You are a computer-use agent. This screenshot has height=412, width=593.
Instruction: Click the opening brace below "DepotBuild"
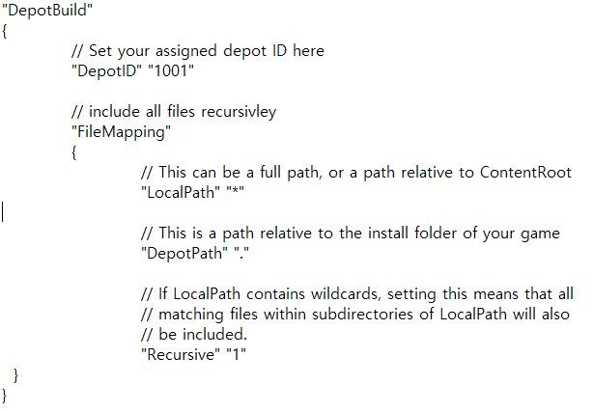pyautogui.click(x=6, y=30)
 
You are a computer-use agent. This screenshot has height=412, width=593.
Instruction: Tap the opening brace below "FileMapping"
pyautogui.click(x=74, y=151)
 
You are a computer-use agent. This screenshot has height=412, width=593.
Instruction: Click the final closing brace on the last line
pyautogui.click(x=6, y=395)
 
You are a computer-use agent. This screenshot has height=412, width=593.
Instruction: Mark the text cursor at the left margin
pyautogui.click(x=3, y=211)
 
